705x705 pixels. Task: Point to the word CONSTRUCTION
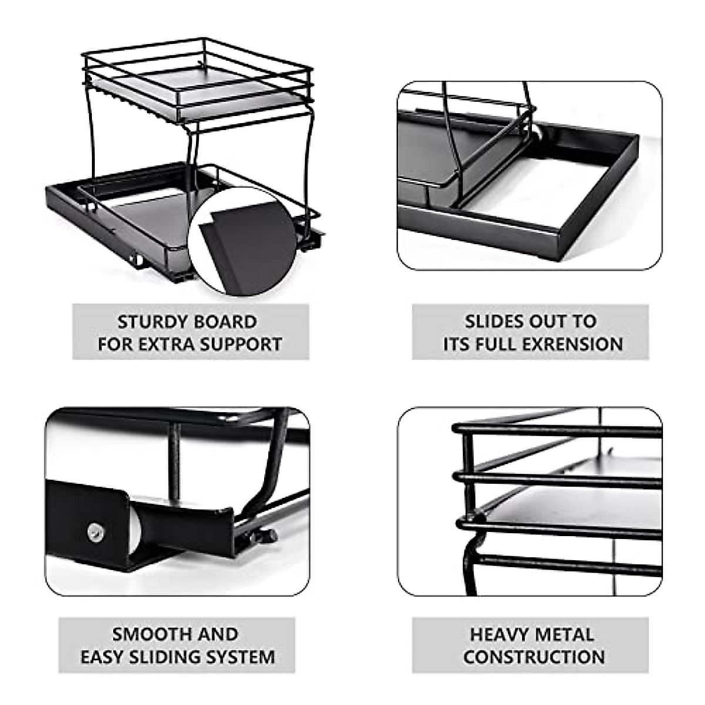533,656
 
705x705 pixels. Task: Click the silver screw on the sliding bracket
96,532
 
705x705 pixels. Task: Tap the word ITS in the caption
456,344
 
